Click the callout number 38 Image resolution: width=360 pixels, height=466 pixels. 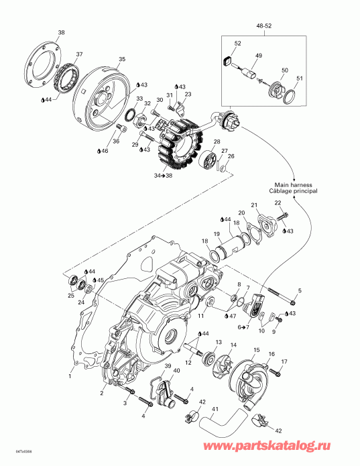coord(61,33)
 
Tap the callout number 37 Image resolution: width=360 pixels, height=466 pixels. coord(79,54)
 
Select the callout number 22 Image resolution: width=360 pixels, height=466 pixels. coord(278,202)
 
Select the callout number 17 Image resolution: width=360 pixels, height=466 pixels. coord(284,362)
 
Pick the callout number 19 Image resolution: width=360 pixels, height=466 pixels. coord(217,234)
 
